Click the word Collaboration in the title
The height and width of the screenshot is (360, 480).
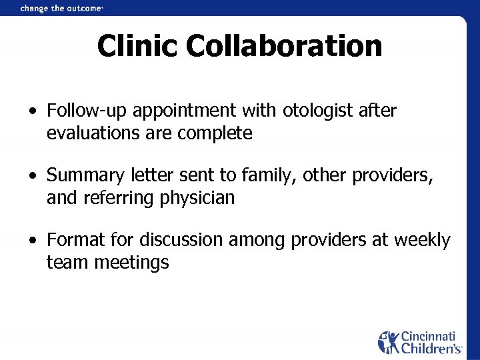pyautogui.click(x=284, y=47)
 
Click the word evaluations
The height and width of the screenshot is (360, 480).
pyautogui.click(x=89, y=133)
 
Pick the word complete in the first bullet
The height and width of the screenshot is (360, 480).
pyautogui.click(x=215, y=134)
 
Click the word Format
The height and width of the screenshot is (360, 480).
pyautogui.click(x=73, y=240)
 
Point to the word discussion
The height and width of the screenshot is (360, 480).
pyautogui.click(x=181, y=240)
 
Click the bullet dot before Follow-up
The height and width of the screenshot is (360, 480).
pyautogui.click(x=32, y=111)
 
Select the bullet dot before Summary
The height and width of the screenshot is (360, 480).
pyautogui.click(x=32, y=176)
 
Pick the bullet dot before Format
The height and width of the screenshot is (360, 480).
pyautogui.click(x=32, y=240)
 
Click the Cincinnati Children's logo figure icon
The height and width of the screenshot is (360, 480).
pyautogui.click(x=389, y=341)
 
